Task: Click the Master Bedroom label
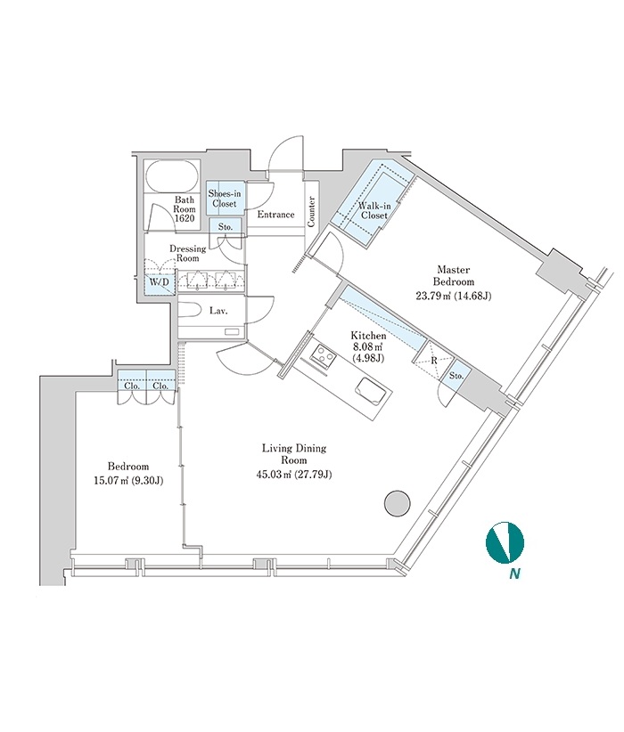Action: click(453, 275)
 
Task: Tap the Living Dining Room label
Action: click(293, 454)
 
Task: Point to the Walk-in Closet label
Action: click(374, 210)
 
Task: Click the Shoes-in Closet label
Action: click(225, 199)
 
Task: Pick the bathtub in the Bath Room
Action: click(172, 176)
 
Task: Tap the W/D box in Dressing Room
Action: click(159, 282)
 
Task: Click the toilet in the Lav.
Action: click(192, 310)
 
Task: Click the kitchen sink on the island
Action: click(372, 390)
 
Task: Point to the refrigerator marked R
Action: click(434, 361)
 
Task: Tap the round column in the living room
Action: click(398, 503)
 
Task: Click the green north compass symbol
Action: click(505, 542)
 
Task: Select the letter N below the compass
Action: click(514, 574)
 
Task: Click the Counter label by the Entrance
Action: click(311, 212)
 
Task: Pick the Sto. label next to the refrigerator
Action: click(456, 376)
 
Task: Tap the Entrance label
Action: click(275, 215)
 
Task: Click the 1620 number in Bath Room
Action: click(185, 218)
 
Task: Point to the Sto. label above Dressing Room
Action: click(226, 227)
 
